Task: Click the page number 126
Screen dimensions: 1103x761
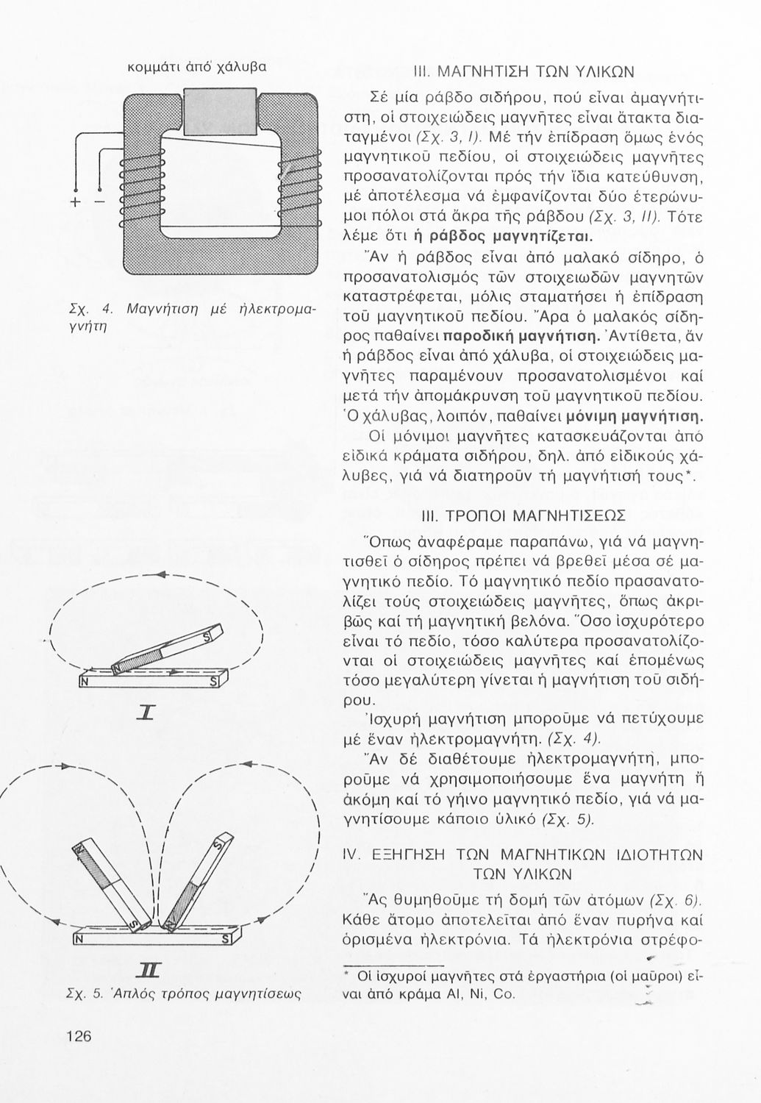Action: (77, 1036)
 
